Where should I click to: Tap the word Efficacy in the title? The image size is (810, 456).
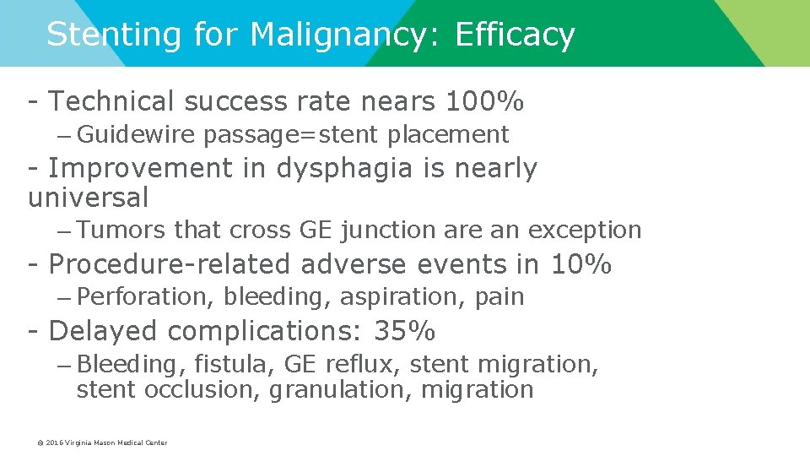click(515, 35)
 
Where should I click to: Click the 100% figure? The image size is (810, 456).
click(484, 101)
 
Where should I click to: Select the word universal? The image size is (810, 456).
click(88, 198)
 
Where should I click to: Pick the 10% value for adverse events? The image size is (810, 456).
click(580, 264)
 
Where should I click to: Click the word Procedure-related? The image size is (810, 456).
click(169, 264)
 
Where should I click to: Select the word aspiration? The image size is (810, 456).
click(390, 297)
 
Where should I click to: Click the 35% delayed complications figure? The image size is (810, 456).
click(404, 332)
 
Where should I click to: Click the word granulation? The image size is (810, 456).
click(340, 390)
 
